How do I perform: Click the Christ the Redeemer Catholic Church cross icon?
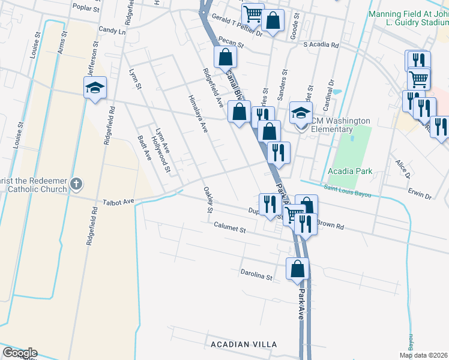click(76, 184)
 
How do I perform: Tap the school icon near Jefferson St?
click(95, 89)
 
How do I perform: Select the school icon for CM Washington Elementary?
click(301, 113)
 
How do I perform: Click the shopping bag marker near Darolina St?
click(297, 269)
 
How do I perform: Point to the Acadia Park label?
click(350, 171)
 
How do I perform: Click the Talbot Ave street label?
click(118, 202)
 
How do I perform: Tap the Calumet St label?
click(230, 229)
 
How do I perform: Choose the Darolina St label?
click(257, 277)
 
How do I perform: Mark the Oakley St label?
click(208, 200)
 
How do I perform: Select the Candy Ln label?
click(113, 29)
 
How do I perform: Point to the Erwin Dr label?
click(420, 196)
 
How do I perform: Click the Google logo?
click(19, 353)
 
